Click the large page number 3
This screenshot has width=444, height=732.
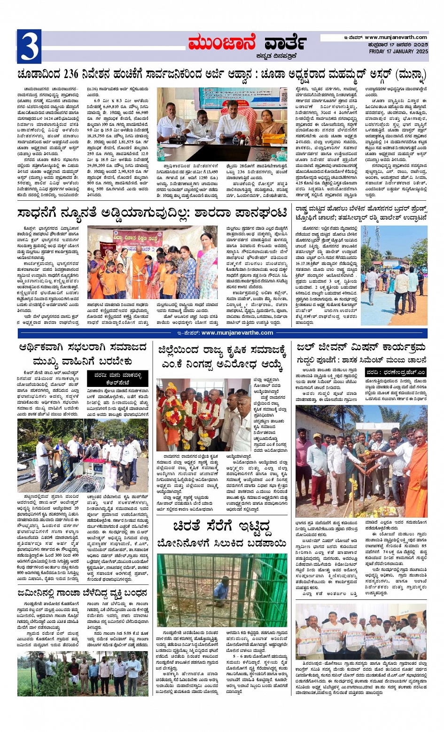(29, 47)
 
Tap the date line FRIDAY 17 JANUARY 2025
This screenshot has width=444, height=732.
(398, 51)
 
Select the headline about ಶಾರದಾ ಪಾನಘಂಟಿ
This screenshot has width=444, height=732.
(152, 213)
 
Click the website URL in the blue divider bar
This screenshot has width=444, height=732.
(237, 333)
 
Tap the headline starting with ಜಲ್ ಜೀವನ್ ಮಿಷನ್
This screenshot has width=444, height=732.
(361, 348)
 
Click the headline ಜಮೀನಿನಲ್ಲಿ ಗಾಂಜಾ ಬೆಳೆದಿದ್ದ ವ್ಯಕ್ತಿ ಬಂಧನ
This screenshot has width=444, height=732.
(83, 594)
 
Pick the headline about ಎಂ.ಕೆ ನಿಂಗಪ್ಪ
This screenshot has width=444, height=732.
(222, 357)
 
